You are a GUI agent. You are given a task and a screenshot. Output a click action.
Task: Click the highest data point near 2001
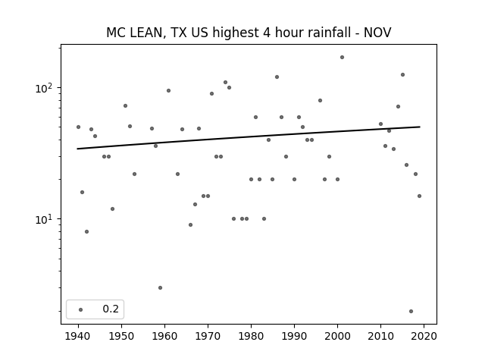click(342, 58)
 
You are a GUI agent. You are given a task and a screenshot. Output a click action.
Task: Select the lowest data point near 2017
click(411, 311)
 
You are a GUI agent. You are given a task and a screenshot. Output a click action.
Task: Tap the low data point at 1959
click(160, 287)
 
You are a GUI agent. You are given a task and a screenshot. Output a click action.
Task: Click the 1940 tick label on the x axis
click(78, 336)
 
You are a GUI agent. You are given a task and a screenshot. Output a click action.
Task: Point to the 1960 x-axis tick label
click(164, 336)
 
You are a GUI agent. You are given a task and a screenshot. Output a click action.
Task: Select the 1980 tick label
click(251, 336)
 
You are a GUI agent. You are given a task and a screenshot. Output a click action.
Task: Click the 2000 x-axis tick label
click(337, 336)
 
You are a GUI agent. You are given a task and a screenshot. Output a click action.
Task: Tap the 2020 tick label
click(424, 336)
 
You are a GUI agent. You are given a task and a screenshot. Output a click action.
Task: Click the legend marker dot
click(81, 309)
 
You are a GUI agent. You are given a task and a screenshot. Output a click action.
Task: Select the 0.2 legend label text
click(111, 309)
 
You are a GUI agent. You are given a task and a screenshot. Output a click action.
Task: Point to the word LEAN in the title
click(145, 33)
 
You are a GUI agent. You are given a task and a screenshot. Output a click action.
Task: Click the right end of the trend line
click(420, 127)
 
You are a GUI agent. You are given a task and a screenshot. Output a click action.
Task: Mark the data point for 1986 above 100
click(277, 77)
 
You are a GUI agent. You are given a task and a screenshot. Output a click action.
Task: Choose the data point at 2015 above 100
click(402, 74)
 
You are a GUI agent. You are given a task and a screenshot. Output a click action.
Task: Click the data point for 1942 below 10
click(86, 231)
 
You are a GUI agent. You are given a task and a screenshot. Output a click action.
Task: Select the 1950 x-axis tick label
click(121, 336)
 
